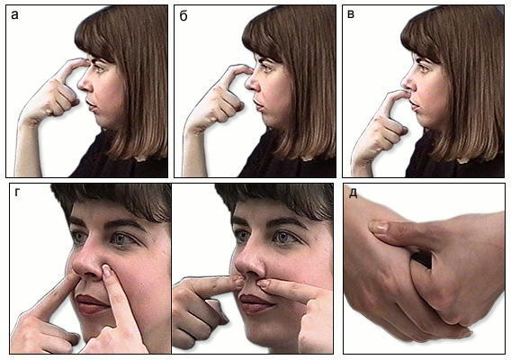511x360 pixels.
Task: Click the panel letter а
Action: [14, 14]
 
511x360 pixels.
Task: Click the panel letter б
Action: [184, 15]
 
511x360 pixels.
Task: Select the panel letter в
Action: [351, 14]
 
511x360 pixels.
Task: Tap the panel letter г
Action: [17, 193]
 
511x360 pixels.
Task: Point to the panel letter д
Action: [354, 193]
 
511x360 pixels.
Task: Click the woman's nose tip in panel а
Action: [80, 85]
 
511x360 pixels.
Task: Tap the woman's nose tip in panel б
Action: [247, 85]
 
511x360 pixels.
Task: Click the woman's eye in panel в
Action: [424, 67]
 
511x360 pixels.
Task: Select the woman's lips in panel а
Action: [91, 104]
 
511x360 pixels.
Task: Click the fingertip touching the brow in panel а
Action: [85, 61]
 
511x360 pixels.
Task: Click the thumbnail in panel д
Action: [378, 228]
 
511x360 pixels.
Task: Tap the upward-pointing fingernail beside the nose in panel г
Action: [106, 269]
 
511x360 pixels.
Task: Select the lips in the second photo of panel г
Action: [256, 303]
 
